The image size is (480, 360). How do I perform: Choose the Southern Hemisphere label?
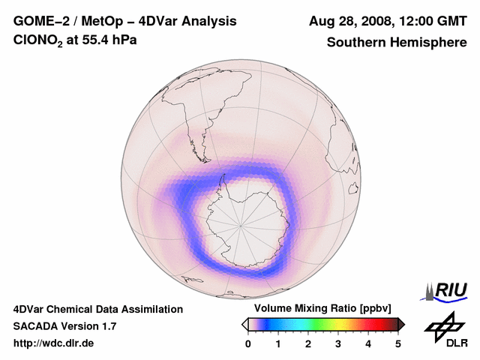point(397,42)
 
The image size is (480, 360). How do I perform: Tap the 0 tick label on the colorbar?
point(248,343)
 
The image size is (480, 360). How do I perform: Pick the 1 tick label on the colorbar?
point(278,343)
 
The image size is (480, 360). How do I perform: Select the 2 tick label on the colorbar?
point(308,343)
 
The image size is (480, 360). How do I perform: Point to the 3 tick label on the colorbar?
point(338,343)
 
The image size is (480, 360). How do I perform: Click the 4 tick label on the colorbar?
point(368,343)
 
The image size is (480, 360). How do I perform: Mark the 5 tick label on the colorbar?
point(398,343)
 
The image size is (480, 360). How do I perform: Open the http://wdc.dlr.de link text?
point(54,343)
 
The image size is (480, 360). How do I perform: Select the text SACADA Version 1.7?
point(64,326)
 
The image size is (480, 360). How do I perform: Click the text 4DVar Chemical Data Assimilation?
point(98,309)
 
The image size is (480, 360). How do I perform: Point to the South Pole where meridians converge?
point(241,224)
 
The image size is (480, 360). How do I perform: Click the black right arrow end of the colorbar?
point(401,324)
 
